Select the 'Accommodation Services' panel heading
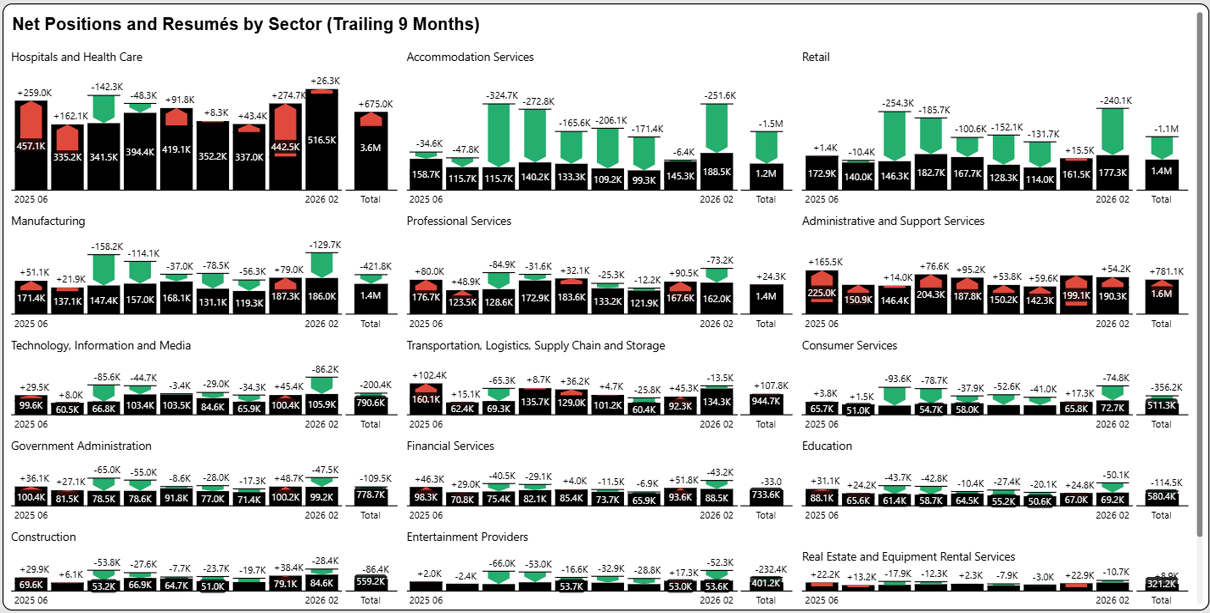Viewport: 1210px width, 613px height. (x=470, y=57)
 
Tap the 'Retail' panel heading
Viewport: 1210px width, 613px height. (x=816, y=57)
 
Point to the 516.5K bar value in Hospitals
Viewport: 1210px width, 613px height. (x=322, y=140)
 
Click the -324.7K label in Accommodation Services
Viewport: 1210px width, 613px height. (x=502, y=95)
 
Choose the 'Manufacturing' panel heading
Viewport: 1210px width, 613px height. (x=48, y=221)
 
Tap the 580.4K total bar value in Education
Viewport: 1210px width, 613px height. (x=1161, y=496)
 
